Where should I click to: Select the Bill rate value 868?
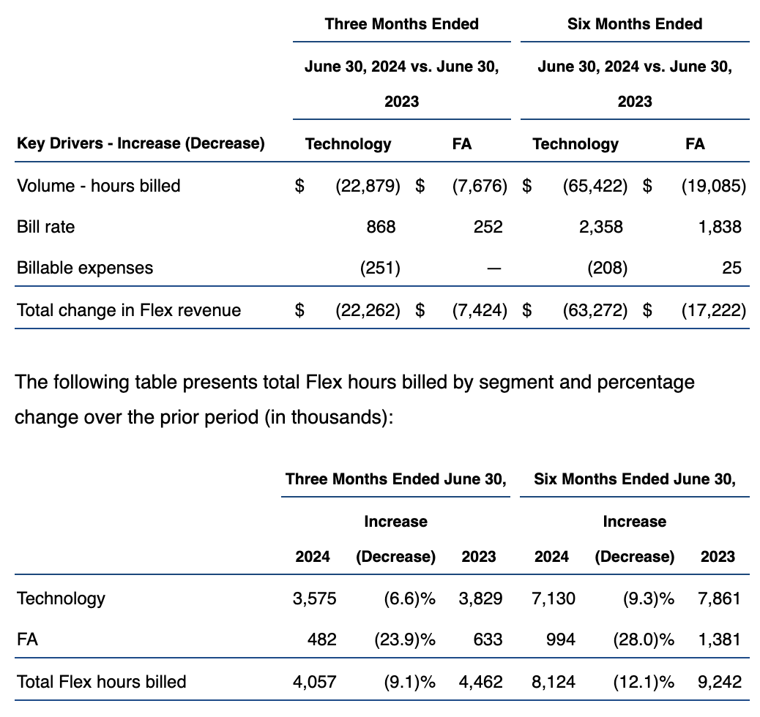380,227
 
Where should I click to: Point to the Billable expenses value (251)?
380,268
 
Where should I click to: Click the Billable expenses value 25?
731,268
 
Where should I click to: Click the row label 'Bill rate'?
45,227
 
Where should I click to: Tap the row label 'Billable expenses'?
85,268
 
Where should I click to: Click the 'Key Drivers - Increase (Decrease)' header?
141,143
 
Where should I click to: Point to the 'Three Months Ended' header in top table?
401,24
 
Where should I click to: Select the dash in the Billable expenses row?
494,269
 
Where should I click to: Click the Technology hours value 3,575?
314,598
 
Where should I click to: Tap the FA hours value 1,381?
719,639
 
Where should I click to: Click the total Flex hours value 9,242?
719,682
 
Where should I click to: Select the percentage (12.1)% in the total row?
643,682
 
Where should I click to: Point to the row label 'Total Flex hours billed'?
101,682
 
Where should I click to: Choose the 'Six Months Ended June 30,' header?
634,479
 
